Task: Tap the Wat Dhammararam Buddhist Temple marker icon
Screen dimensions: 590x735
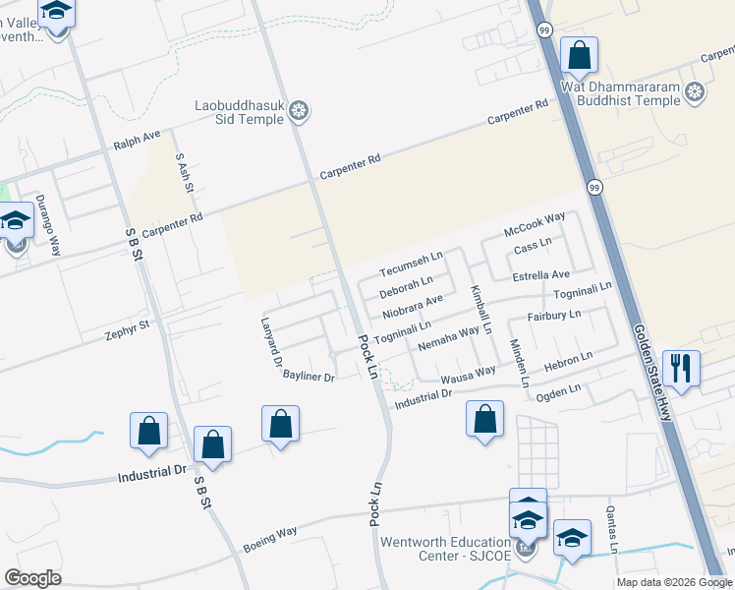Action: (x=696, y=93)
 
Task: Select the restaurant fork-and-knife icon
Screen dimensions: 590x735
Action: (x=681, y=369)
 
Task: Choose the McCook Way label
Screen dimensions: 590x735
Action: (x=535, y=223)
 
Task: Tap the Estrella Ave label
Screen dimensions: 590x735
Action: (x=541, y=275)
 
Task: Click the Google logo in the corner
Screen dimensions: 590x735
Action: (x=33, y=577)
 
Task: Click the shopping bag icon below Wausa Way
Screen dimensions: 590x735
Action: (x=484, y=419)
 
